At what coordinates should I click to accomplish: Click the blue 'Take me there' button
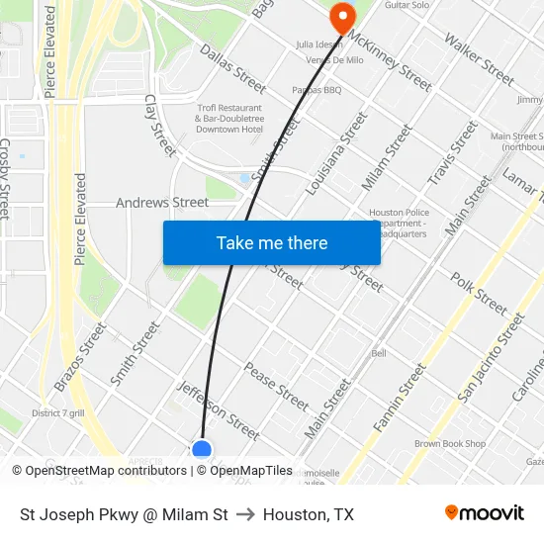coord(272,242)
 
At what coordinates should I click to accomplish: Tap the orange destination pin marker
coord(341,17)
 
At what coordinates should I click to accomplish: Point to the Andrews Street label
coord(162,203)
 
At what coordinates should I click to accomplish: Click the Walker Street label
coord(479,58)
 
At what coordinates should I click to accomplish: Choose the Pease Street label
coord(276,387)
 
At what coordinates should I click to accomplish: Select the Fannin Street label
coord(399,397)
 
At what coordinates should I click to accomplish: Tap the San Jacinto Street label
coord(491,357)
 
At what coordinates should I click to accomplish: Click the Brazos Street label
coord(81,355)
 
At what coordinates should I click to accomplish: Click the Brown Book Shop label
coord(450,444)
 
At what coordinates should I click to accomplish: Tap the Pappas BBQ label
coord(316,90)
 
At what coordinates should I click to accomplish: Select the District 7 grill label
coord(58,412)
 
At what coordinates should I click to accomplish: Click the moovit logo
coord(485,513)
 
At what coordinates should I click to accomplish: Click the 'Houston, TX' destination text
coord(308,514)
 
